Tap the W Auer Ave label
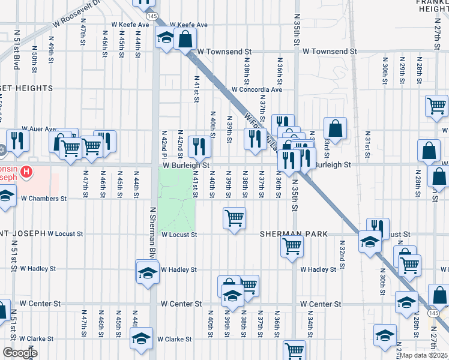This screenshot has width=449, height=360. point(38,128)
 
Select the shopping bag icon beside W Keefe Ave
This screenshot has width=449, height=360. point(186,40)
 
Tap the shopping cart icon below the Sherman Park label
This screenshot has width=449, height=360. point(292,245)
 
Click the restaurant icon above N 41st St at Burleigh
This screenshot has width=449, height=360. point(199,145)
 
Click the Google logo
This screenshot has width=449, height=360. point(20,353)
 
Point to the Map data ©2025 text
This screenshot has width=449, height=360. point(423,355)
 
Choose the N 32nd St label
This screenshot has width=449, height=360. point(341,253)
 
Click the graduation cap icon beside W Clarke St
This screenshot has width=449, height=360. point(142,338)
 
